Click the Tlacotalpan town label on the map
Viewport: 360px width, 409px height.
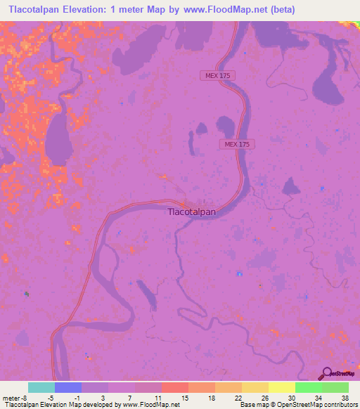tap(191, 210)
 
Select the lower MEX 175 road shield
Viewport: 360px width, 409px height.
tap(237, 144)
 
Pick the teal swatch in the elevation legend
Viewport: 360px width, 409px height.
tap(41, 387)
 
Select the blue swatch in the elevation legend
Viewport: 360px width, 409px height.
tap(68, 387)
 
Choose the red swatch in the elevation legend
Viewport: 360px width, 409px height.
tap(175, 387)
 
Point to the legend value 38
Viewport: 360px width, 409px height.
tap(344, 398)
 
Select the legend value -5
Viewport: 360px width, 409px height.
tap(51, 398)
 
